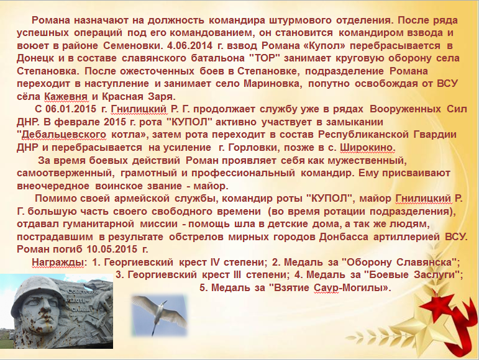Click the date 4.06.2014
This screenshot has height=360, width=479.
tap(189, 45)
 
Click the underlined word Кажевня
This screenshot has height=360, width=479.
tap(66, 96)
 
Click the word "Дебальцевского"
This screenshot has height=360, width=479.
tap(62, 135)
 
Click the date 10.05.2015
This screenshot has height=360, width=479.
tap(112, 249)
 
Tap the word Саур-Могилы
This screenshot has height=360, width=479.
tap(352, 287)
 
